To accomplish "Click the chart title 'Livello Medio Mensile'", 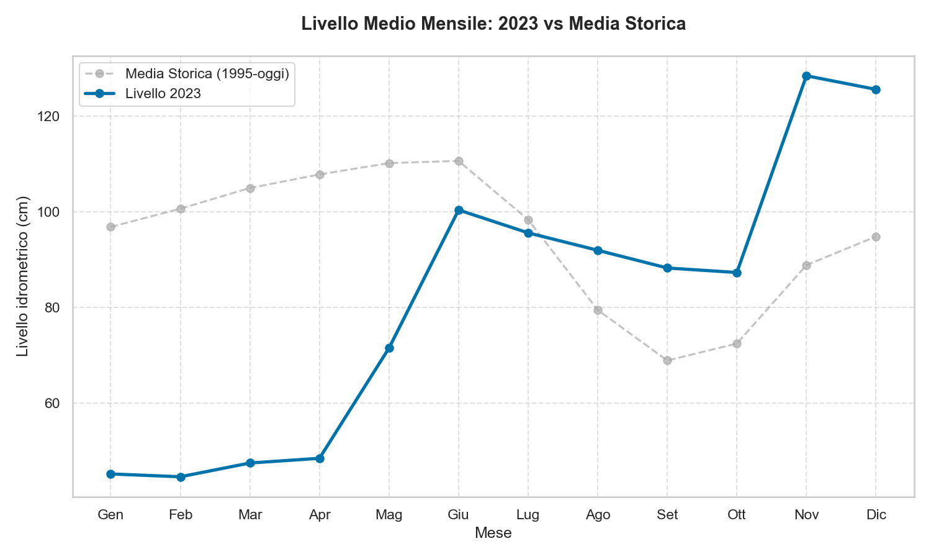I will click(x=493, y=24).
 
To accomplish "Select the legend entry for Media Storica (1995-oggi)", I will click(x=207, y=73).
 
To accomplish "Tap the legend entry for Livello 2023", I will click(x=163, y=93).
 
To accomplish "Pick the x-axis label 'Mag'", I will click(x=389, y=515).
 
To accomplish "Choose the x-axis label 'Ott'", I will click(x=737, y=515).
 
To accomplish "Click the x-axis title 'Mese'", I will click(x=493, y=533).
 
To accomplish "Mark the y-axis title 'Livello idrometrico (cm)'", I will click(x=23, y=276).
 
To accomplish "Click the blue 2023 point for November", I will click(x=806, y=76).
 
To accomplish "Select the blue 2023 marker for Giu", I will click(x=459, y=210).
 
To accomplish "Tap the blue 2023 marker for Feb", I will click(x=181, y=477).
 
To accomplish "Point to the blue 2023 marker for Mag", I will click(x=389, y=348).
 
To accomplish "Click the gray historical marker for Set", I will click(x=667, y=360).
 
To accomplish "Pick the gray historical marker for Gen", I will click(x=110, y=227).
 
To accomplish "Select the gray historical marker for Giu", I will click(x=459, y=161).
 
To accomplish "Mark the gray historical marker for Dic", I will click(x=876, y=237).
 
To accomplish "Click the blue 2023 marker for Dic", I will click(x=876, y=89).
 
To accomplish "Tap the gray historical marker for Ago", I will click(x=598, y=310).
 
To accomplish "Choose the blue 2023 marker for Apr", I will click(x=320, y=458).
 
